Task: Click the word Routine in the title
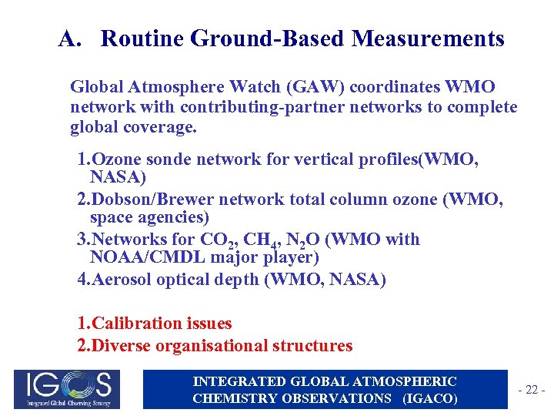pos(142,39)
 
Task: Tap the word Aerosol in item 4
pos(121,280)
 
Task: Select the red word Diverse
pos(121,346)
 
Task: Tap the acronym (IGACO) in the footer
pos(430,398)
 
